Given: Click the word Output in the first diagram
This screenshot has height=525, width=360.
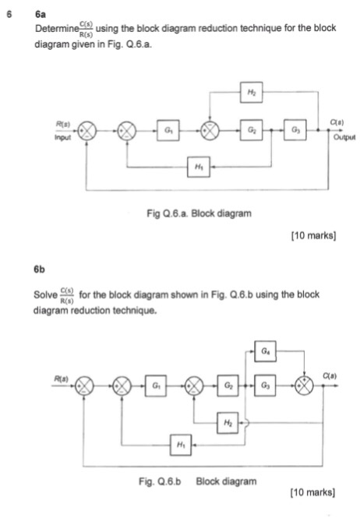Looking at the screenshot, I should click(x=341, y=139).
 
